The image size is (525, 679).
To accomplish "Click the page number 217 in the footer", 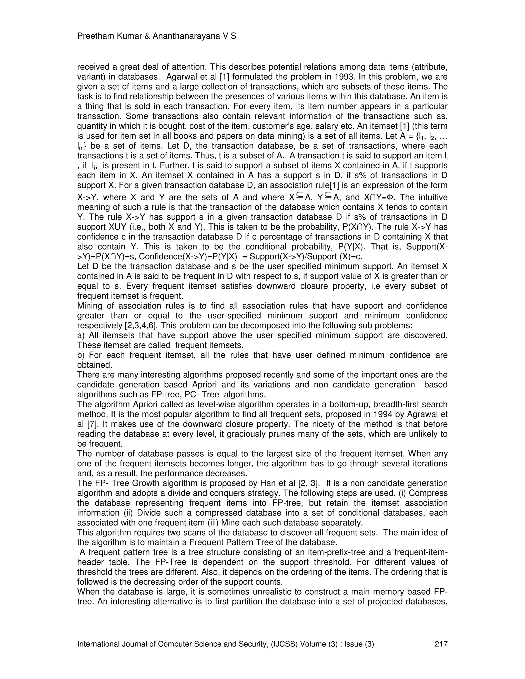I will [x=441, y=644].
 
